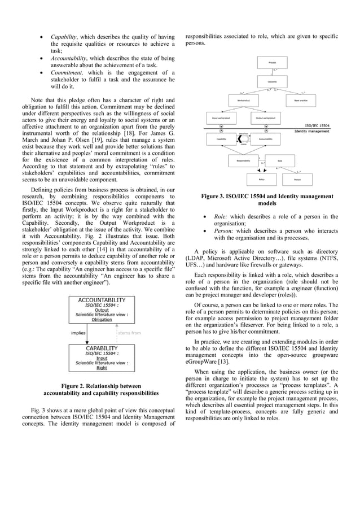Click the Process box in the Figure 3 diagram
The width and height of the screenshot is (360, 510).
(x=272, y=62)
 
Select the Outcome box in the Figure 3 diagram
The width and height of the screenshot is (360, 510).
(x=272, y=82)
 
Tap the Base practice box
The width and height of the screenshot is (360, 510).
(x=301, y=101)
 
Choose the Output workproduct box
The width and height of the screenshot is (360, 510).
(x=265, y=119)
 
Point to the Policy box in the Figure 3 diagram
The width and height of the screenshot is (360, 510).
(x=261, y=179)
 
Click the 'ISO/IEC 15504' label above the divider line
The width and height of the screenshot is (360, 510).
(x=318, y=125)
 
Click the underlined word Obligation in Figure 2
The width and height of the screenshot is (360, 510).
(x=102, y=319)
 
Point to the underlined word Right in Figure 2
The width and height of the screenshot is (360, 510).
(x=102, y=368)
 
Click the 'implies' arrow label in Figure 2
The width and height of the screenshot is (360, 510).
(x=78, y=333)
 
